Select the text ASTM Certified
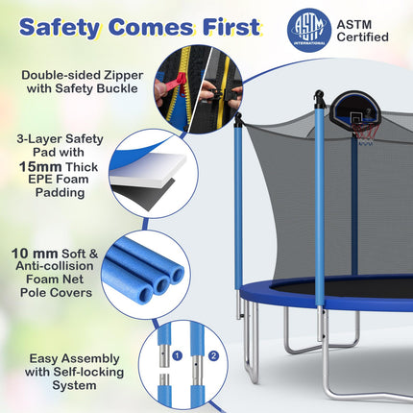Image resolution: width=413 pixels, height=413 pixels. (x=362, y=29)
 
